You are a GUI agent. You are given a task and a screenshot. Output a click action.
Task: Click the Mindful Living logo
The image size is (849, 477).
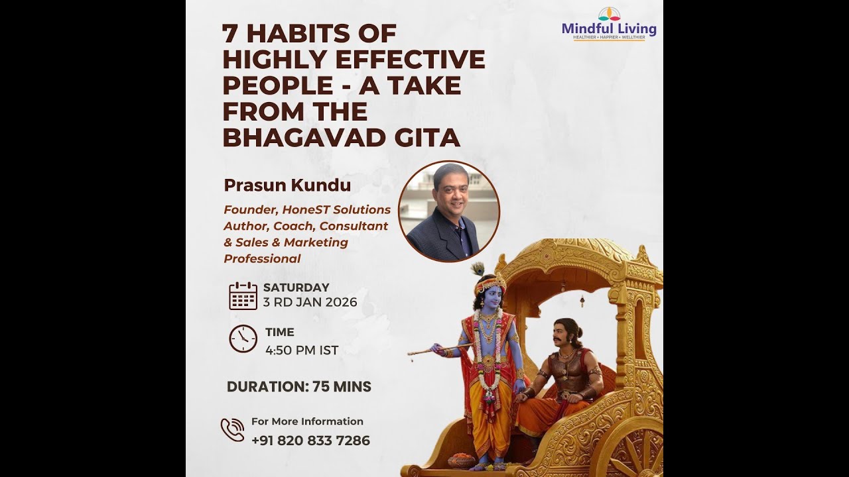coord(609,25)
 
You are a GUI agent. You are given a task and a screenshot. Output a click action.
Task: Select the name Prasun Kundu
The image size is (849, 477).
coord(287,185)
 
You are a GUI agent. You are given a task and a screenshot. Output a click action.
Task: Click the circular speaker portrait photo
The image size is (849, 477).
coord(449,211)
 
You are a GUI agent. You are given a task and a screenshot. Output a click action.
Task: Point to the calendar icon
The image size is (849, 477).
coord(243,295)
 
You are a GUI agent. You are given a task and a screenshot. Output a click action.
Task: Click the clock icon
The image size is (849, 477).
coord(243,339)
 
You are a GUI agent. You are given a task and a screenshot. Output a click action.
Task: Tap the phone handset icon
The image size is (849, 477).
coord(232,430)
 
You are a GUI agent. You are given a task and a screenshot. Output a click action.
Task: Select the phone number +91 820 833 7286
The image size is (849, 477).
coord(310,441)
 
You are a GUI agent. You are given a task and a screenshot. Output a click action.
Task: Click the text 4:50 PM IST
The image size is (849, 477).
coord(302,350)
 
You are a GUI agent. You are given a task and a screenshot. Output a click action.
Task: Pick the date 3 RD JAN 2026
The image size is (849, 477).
coord(310,303)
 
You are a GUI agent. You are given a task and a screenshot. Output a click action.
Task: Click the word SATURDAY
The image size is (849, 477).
coord(296,288)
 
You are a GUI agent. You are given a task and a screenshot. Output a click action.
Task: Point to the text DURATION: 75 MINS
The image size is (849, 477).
coord(299,387)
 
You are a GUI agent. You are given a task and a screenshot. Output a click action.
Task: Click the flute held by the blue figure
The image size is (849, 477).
coord(438,348)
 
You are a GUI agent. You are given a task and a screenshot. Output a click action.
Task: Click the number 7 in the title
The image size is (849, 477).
coord(231,33)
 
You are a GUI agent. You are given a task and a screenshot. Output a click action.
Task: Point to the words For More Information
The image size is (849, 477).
coord(307,421)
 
